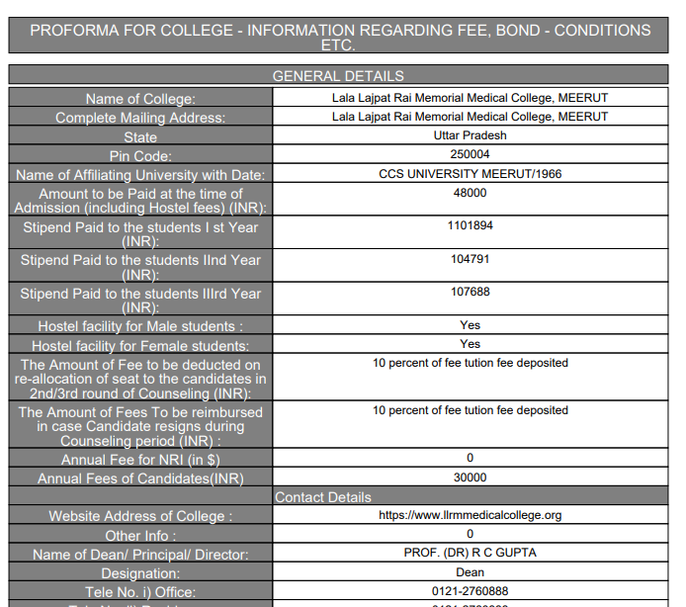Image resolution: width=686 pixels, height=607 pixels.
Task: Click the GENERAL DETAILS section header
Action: click(337, 75)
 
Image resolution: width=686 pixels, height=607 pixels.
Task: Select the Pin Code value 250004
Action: click(470, 154)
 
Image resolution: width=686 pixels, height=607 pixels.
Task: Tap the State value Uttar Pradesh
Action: click(470, 135)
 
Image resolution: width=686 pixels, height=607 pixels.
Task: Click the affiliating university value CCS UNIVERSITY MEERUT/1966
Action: click(470, 174)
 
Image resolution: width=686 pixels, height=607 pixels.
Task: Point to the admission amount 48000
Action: click(470, 193)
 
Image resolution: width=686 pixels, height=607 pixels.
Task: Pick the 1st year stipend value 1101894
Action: click(470, 225)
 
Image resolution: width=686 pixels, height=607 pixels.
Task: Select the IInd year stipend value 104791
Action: click(470, 259)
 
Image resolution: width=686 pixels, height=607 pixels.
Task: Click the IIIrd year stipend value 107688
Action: click(470, 292)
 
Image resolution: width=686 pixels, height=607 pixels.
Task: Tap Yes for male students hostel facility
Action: click(470, 324)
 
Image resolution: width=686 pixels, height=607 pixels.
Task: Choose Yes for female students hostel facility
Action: click(470, 344)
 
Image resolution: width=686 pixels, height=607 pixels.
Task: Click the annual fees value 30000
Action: click(470, 477)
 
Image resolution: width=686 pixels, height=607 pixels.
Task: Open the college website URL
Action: click(470, 515)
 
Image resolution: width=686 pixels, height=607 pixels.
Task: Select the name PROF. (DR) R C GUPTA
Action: click(470, 553)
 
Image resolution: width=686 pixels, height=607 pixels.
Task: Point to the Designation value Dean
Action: click(470, 572)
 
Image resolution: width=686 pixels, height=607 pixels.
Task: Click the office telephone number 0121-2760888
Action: click(470, 591)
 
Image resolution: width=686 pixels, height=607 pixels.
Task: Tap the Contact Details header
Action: click(323, 496)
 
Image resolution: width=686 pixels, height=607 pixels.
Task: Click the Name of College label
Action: click(140, 99)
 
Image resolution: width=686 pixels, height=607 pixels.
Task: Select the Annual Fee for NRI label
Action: click(140, 460)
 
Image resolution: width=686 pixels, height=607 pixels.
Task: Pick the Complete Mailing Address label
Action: click(140, 118)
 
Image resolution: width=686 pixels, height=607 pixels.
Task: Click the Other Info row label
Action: click(140, 535)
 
